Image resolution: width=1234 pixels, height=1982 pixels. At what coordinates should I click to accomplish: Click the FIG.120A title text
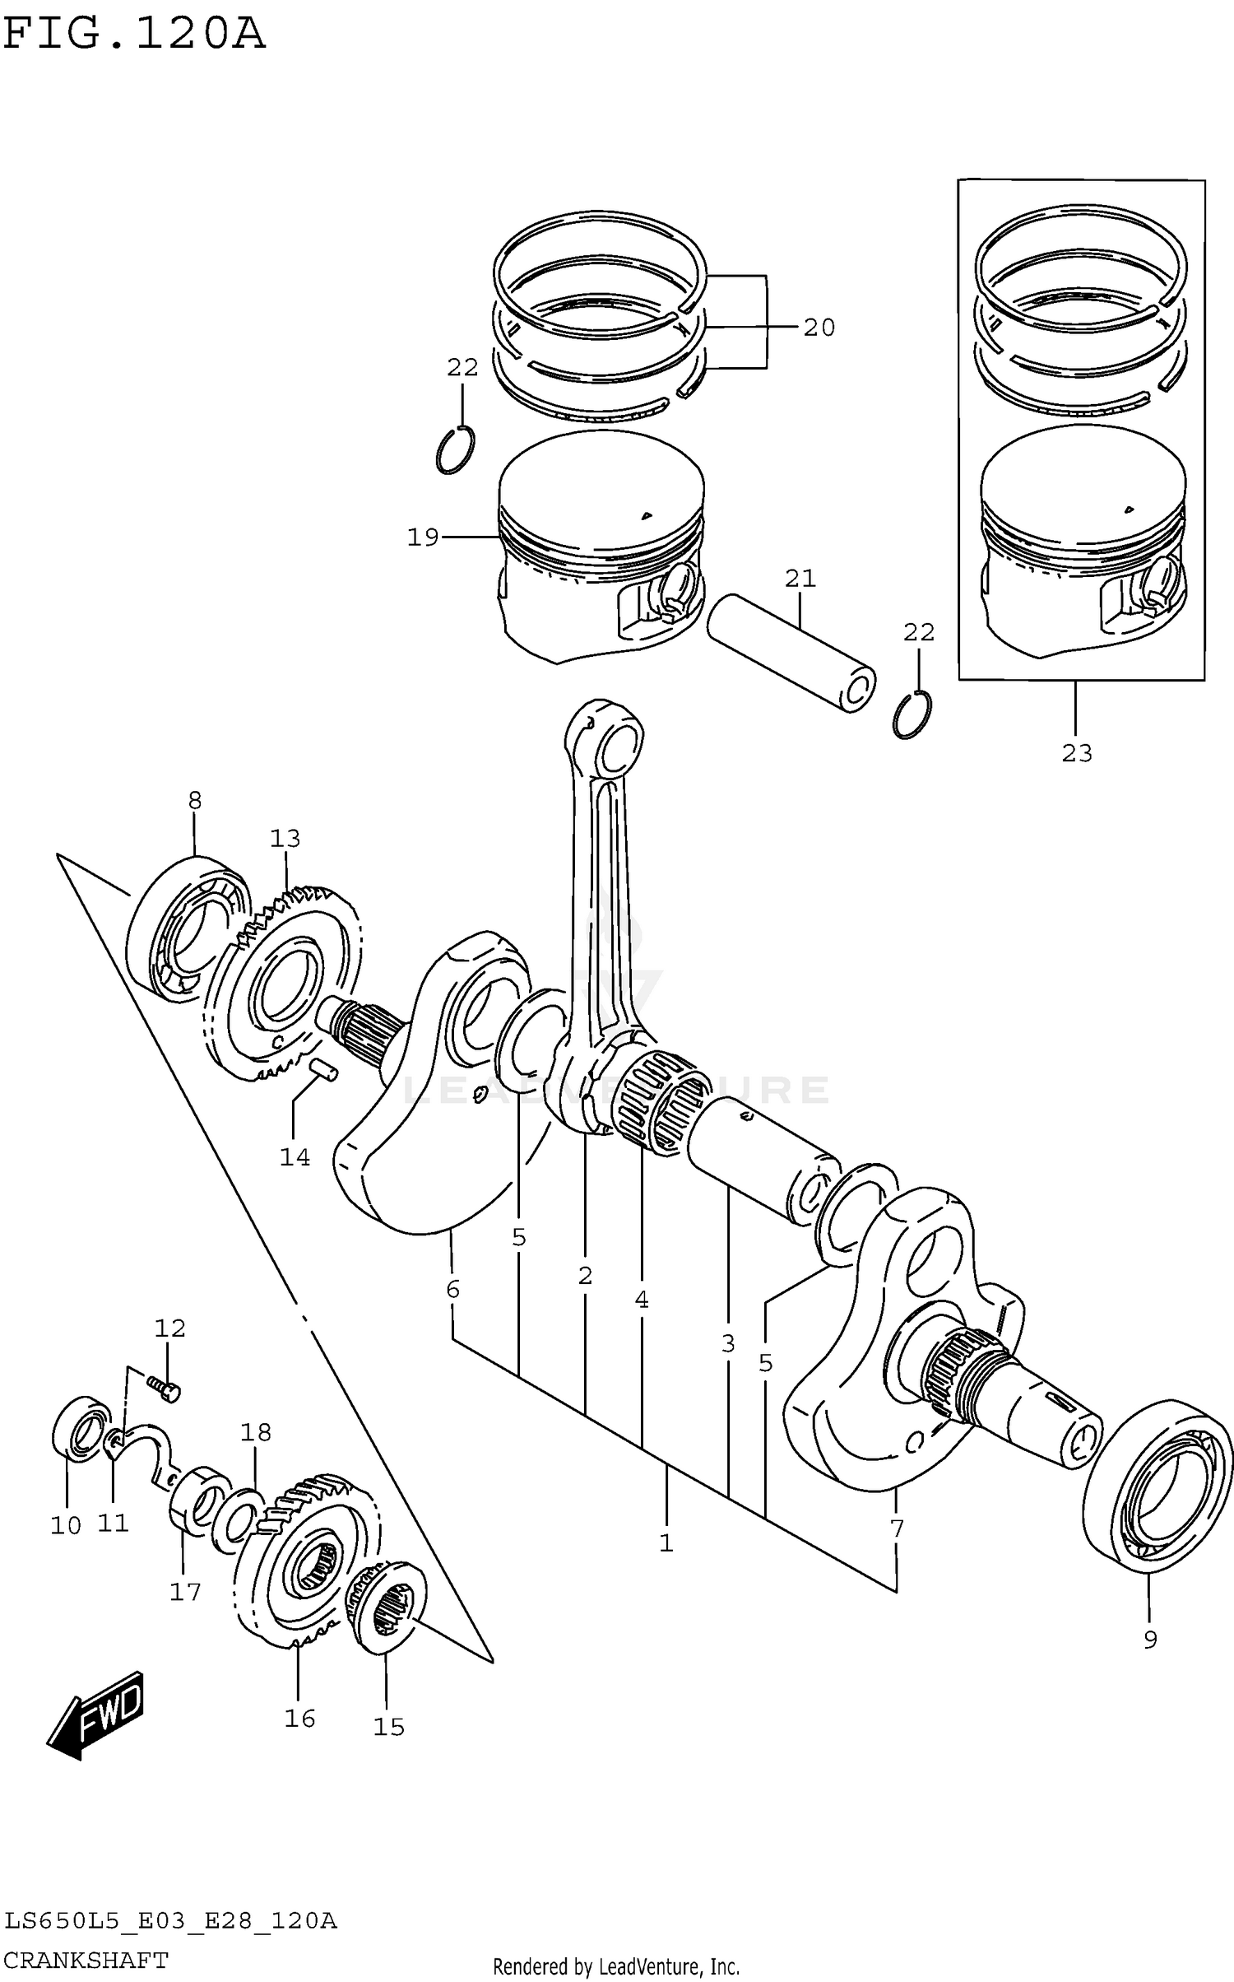pyautogui.click(x=134, y=35)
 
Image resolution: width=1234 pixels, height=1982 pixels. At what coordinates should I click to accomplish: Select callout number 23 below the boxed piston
pyautogui.click(x=1076, y=752)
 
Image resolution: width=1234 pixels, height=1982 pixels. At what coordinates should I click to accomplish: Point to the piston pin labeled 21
pyautogui.click(x=790, y=652)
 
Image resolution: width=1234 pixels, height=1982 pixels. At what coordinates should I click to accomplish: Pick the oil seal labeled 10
pyautogui.click(x=81, y=1429)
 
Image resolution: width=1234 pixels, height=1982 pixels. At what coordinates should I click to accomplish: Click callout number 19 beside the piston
pyautogui.click(x=424, y=537)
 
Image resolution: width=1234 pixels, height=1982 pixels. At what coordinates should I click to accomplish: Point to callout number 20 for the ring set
pyautogui.click(x=819, y=328)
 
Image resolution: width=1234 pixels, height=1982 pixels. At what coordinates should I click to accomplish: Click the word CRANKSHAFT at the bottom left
pyautogui.click(x=86, y=1960)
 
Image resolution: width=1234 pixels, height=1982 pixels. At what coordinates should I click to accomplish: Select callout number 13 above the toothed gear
pyautogui.click(x=285, y=839)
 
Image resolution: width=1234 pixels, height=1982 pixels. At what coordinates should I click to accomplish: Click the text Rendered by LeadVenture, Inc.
pyautogui.click(x=616, y=1967)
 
